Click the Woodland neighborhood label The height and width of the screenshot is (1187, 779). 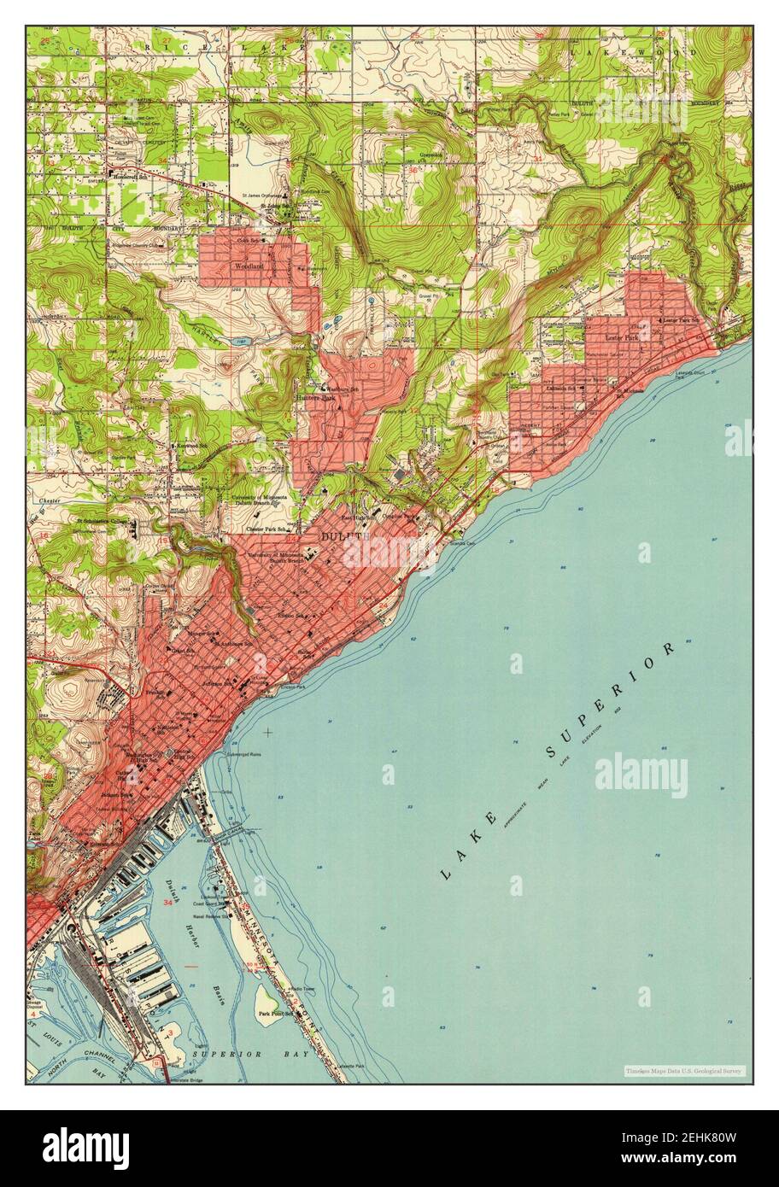click(249, 266)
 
